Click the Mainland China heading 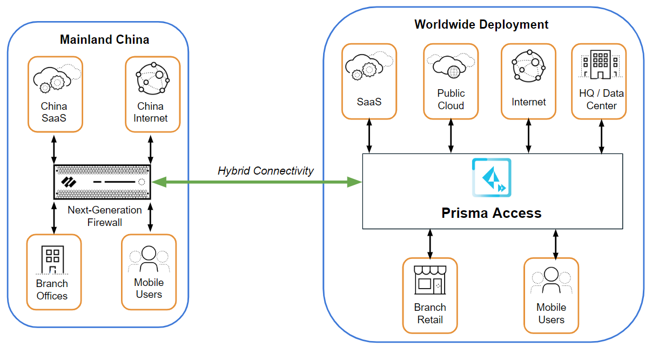(104, 39)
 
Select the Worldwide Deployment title (481, 24)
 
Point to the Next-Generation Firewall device (102, 182)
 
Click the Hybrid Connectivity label (265, 171)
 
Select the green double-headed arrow (256, 183)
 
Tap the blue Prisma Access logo (491, 177)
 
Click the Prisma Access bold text (491, 213)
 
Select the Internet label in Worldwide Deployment (528, 102)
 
